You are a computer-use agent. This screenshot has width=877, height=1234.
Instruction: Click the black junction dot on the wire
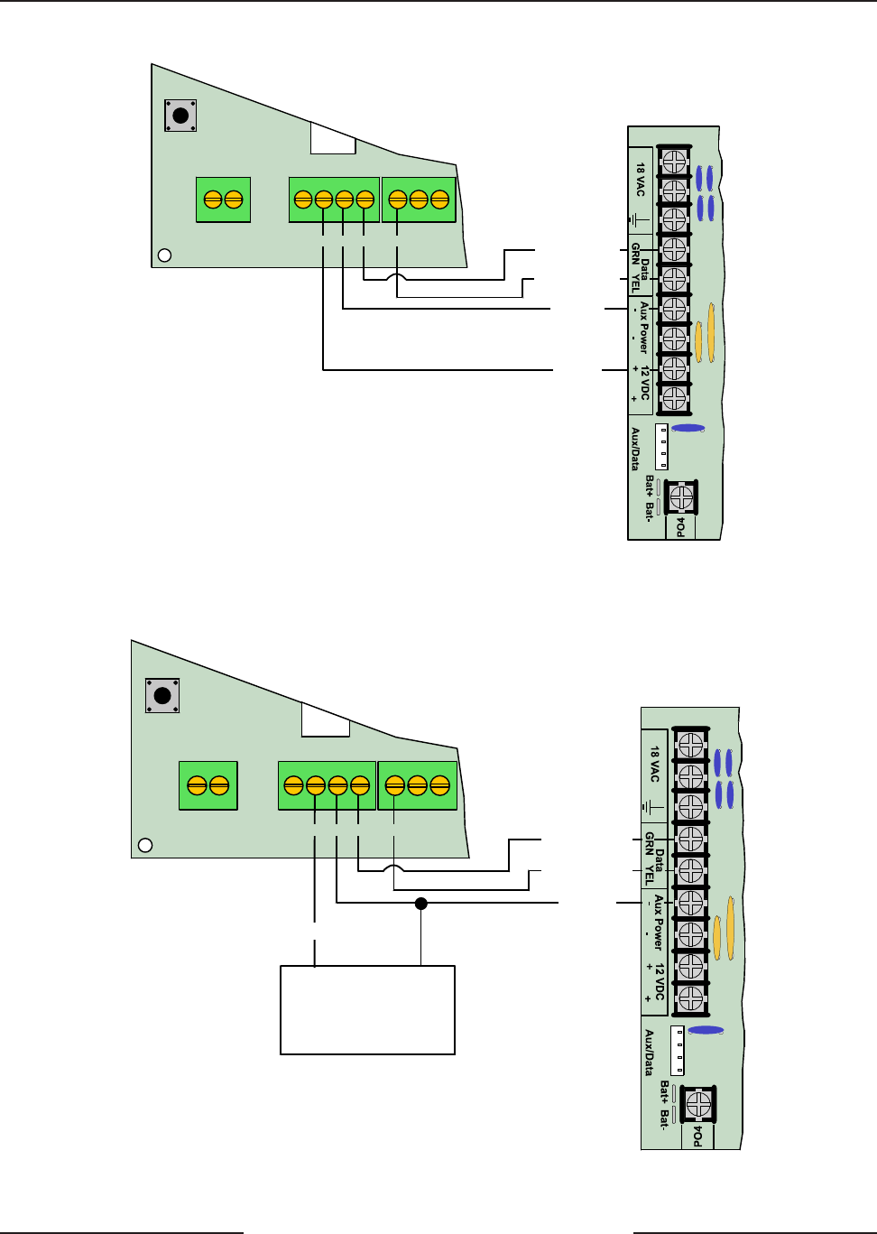coord(420,903)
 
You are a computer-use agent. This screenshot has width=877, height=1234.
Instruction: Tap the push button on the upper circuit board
coord(180,116)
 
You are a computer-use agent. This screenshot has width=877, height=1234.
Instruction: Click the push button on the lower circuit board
coord(162,696)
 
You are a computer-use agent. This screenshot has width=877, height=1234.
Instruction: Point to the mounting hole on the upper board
coord(164,255)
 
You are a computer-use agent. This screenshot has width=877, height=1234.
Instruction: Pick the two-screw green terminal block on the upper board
coord(223,199)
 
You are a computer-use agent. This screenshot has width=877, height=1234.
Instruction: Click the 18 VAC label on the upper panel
coord(641,180)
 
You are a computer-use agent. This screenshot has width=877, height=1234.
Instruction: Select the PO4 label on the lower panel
coord(697,1135)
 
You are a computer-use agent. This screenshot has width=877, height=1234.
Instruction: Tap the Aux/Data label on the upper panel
coord(635,449)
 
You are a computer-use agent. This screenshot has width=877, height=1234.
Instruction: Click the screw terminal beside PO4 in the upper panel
coord(681,496)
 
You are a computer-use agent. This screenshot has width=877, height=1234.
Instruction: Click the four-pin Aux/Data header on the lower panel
coord(678,1050)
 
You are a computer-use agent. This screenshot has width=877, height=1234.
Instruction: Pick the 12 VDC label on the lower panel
coord(660,981)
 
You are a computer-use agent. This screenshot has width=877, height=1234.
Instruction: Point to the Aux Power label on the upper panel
coord(643,327)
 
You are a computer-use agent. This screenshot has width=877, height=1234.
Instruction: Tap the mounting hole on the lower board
coord(144,846)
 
